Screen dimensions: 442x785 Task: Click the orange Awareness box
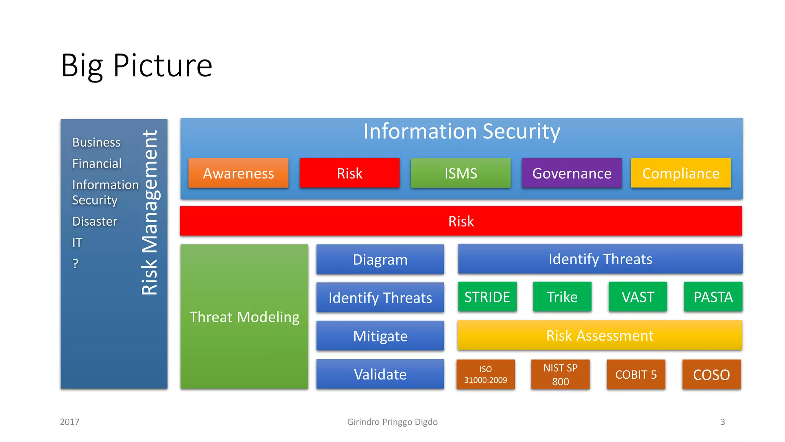pos(238,173)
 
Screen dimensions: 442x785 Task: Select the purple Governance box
pos(572,173)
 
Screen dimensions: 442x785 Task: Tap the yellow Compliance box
pos(681,173)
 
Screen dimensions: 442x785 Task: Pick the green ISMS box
pos(460,173)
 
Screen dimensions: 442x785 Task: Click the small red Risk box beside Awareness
pos(350,173)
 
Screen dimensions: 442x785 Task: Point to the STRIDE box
pos(487,297)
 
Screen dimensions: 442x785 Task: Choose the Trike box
pos(562,297)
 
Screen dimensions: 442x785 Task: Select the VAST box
pos(637,297)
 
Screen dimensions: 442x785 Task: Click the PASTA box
pos(713,297)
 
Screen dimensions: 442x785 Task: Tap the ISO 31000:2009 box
pos(485,374)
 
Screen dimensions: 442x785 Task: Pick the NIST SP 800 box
pos(560,374)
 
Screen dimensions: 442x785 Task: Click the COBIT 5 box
pos(636,374)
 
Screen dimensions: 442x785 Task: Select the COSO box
pos(711,374)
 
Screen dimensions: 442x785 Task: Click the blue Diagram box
pos(380,259)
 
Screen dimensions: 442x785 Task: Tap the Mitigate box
pos(380,336)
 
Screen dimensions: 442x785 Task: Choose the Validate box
pos(380,374)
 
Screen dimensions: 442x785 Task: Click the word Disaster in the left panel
pos(95,221)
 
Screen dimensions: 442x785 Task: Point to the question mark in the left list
pos(76,264)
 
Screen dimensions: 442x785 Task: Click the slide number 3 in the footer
pos(723,422)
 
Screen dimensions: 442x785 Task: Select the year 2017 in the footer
pos(69,422)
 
